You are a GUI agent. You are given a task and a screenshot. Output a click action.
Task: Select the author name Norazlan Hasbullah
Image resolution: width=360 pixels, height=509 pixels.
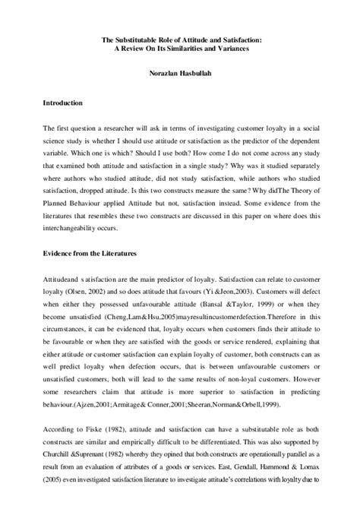click(x=180, y=74)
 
